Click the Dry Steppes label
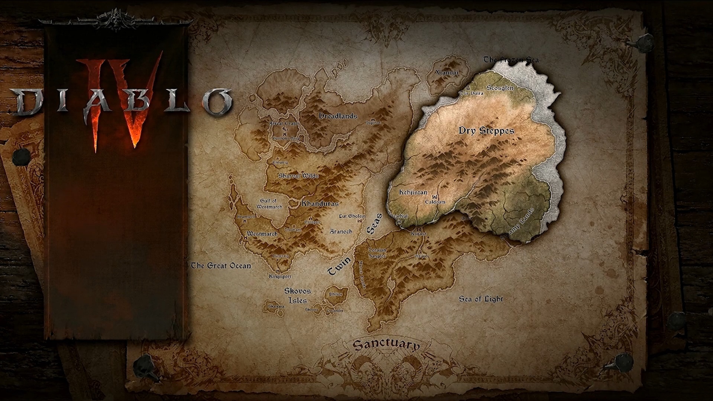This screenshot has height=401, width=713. pyautogui.click(x=486, y=131)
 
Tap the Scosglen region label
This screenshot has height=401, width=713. pyautogui.click(x=500, y=88)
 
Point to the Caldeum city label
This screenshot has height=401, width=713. pyautogui.click(x=435, y=202)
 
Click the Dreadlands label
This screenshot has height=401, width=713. pyautogui.click(x=338, y=116)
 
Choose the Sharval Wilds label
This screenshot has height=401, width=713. pyautogui.click(x=298, y=176)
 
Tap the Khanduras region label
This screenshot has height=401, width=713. pyautogui.click(x=320, y=204)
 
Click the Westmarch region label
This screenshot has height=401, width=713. pyautogui.click(x=262, y=234)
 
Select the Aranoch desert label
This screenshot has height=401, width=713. pyautogui.click(x=341, y=232)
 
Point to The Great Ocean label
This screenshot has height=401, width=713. pyautogui.click(x=221, y=266)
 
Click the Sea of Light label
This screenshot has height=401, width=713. pyautogui.click(x=481, y=299)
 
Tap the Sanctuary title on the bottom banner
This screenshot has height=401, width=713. pyautogui.click(x=386, y=345)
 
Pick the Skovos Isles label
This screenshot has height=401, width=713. pyautogui.click(x=298, y=296)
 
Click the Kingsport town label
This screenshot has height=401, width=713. pyautogui.click(x=280, y=277)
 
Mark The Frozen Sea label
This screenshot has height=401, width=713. pyautogui.click(x=511, y=59)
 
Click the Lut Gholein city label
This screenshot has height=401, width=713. pyautogui.click(x=352, y=216)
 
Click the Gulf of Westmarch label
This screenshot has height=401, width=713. pyautogui.click(x=269, y=204)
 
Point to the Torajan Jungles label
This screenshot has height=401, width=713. pyautogui.click(x=377, y=253)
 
